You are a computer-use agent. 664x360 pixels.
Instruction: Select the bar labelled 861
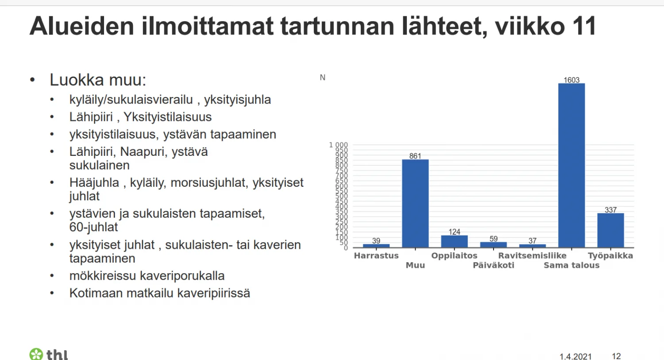click(x=415, y=203)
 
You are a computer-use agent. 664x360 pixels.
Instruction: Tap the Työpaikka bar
click(x=610, y=230)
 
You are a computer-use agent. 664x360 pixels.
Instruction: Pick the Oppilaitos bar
click(x=454, y=241)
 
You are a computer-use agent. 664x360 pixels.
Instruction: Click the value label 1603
click(x=571, y=80)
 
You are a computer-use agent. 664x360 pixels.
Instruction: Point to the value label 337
click(x=610, y=210)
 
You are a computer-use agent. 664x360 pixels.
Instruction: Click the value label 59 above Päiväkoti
click(x=494, y=239)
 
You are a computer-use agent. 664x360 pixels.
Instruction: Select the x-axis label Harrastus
click(x=376, y=255)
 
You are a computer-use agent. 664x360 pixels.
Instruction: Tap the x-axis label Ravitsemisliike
click(x=532, y=255)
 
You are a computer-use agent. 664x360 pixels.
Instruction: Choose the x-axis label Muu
click(x=415, y=265)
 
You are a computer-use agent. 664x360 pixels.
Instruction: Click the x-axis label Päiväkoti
click(x=494, y=265)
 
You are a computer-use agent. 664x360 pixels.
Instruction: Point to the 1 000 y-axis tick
click(x=338, y=145)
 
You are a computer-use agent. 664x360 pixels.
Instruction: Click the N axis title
click(x=323, y=77)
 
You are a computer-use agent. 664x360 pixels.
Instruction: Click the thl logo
click(x=49, y=354)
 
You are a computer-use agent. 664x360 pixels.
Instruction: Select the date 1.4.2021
click(x=575, y=356)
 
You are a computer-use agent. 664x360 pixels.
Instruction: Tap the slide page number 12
click(x=616, y=356)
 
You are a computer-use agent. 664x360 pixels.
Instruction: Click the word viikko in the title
click(x=530, y=26)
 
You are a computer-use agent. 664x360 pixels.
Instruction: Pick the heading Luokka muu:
click(x=98, y=80)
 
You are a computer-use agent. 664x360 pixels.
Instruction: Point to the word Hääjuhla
click(x=94, y=182)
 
